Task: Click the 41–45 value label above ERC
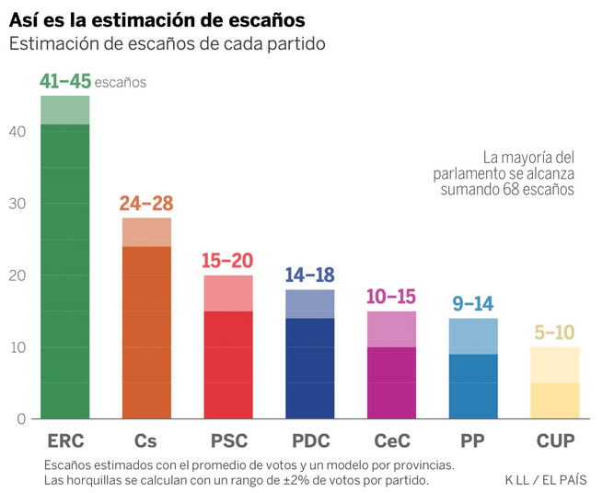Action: [65, 81]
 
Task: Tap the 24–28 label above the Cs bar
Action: [146, 204]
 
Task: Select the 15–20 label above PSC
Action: [227, 261]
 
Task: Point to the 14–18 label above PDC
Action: [308, 276]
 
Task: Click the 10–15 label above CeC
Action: [390, 297]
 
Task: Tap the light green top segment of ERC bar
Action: [65, 111]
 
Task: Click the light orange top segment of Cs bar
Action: [146, 232]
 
